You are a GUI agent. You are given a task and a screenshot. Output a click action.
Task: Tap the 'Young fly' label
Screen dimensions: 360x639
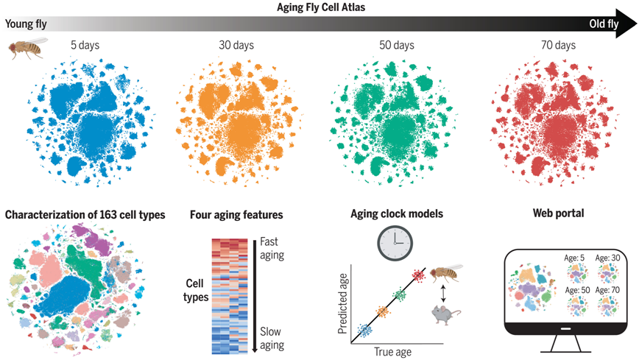click(27, 24)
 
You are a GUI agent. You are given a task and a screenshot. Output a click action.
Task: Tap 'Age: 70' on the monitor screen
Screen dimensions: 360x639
click(608, 290)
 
